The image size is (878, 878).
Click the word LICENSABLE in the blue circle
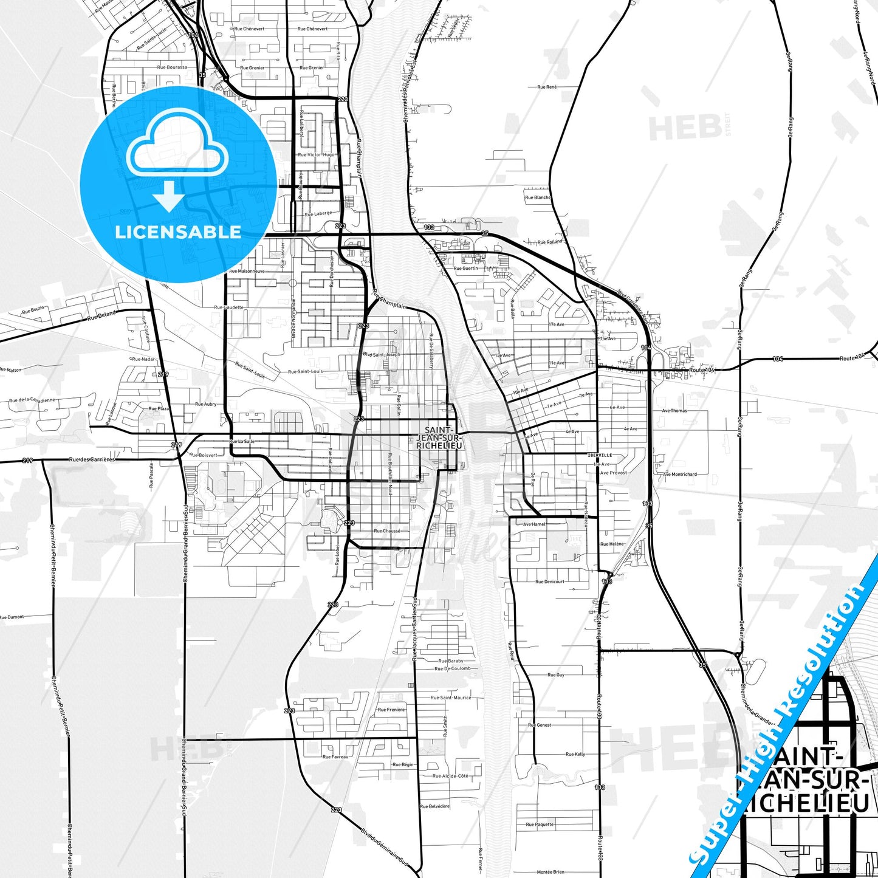pos(178,232)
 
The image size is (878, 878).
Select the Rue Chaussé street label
pos(387,530)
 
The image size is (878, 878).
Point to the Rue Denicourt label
pos(549,581)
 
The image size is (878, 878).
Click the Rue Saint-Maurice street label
pos(451,698)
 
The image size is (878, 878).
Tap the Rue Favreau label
pos(335,756)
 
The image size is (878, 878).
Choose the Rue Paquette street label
pos(540,825)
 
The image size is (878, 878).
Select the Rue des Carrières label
pos(92,459)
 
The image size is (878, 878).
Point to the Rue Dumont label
pos(12,617)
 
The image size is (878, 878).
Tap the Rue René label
pos(547,87)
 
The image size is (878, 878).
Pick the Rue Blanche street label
pos(538,197)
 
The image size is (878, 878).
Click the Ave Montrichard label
pos(680,474)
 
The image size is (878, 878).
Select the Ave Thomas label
pos(674,411)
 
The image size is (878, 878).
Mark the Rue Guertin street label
pos(466,268)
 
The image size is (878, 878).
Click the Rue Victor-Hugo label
pos(316,155)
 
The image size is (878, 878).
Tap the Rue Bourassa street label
pos(172,67)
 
